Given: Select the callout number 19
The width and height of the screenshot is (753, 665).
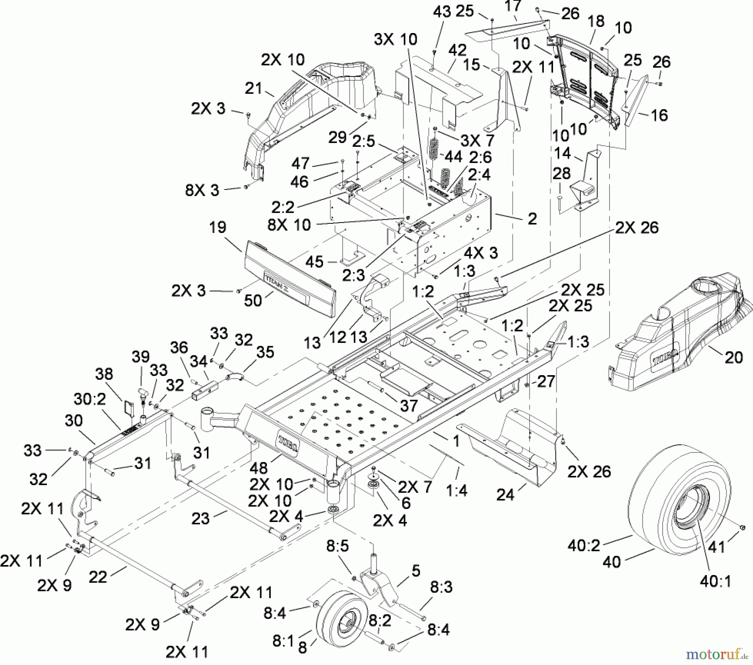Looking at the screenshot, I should pyautogui.click(x=217, y=228).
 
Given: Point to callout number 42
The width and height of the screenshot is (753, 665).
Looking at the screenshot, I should pyautogui.click(x=457, y=51).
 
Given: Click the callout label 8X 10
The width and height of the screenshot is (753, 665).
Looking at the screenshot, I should pyautogui.click(x=289, y=225).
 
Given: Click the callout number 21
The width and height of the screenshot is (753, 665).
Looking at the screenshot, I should pyautogui.click(x=254, y=89).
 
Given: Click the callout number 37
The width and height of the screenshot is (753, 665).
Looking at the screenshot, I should pyautogui.click(x=408, y=405).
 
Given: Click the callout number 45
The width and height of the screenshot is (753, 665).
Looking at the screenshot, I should pyautogui.click(x=314, y=262).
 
